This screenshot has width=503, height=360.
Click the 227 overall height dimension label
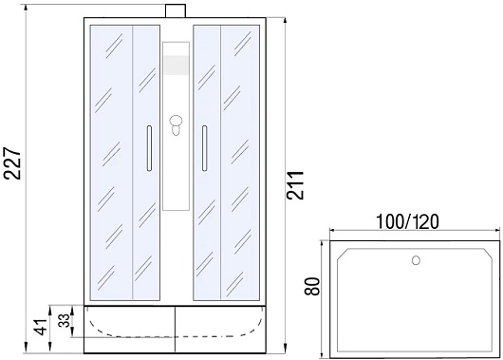click(x=12, y=163)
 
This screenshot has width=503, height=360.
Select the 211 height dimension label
click(x=295, y=185)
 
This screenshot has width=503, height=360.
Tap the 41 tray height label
click(x=41, y=328)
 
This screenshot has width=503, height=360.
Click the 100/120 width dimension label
click(x=407, y=222)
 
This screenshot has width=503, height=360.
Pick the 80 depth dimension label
click(x=312, y=287)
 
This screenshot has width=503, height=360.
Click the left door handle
click(x=149, y=148)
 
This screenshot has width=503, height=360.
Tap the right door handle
click(x=204, y=148)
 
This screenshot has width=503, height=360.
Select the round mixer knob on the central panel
click(x=176, y=122)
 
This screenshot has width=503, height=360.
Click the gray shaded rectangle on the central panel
click(x=177, y=66)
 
